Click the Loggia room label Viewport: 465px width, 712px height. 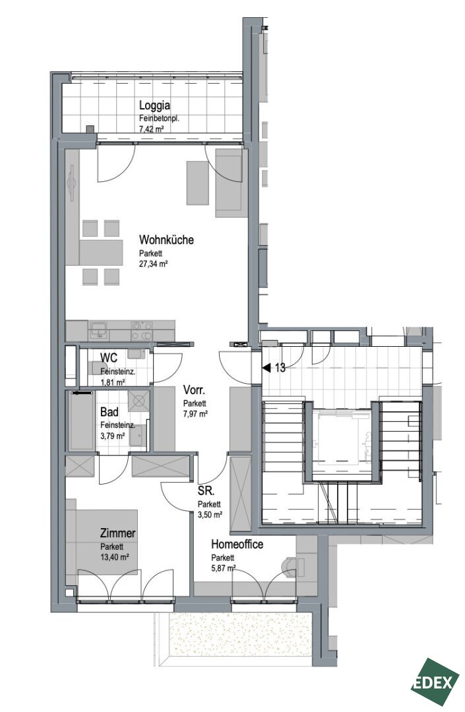coord(154,105)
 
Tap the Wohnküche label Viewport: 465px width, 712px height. coord(166,239)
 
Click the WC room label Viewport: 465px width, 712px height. coord(109,358)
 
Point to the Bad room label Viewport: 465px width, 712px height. coord(109,412)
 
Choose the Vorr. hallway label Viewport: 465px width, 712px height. coord(195,390)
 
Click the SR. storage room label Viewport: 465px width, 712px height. coord(206,490)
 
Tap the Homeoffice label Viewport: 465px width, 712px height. coord(237,544)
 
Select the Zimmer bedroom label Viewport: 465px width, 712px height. coord(118,533)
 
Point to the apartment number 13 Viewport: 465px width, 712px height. coord(280,368)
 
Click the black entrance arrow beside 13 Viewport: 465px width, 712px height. coord(266,368)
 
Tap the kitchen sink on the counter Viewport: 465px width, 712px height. coord(98,330)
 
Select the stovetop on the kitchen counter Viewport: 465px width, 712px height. coord(142,330)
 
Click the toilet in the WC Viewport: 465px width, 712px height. coord(97,367)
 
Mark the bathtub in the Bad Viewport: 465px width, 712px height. coord(82,421)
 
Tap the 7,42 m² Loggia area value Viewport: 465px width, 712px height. coord(152,129)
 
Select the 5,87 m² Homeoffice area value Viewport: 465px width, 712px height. coord(224,568)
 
